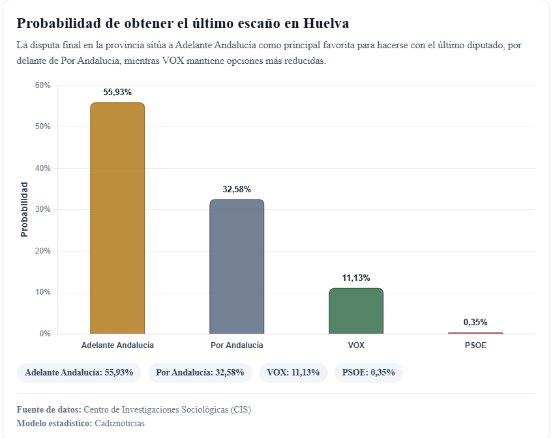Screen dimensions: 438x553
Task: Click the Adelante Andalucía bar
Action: coord(117,218)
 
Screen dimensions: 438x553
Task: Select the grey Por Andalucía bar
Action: coord(237,267)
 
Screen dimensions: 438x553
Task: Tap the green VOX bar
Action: coord(356,311)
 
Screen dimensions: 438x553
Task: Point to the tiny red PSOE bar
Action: coord(475,333)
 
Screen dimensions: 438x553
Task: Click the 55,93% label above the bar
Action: coord(117,92)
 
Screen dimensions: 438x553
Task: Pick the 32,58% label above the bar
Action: coord(237,189)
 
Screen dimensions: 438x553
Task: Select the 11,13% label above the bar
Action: coord(356,278)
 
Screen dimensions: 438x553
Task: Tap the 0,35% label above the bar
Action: coord(475,322)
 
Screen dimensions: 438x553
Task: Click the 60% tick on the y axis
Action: coord(43,85)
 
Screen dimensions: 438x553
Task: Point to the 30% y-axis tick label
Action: coord(43,209)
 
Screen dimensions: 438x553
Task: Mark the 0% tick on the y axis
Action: coord(45,334)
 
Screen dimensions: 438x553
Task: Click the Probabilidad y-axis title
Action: coord(24,209)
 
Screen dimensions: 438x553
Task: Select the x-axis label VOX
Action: coord(356,345)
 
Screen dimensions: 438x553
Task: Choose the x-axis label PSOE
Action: coord(475,345)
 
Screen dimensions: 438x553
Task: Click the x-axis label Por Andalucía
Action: coord(237,345)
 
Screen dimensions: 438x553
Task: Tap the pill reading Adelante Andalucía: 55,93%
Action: coord(79,372)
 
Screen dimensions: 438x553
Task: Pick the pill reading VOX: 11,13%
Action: coord(293,372)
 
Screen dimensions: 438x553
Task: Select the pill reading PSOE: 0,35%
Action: coord(369,372)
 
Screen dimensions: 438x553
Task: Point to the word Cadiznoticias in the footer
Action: coord(119,423)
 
